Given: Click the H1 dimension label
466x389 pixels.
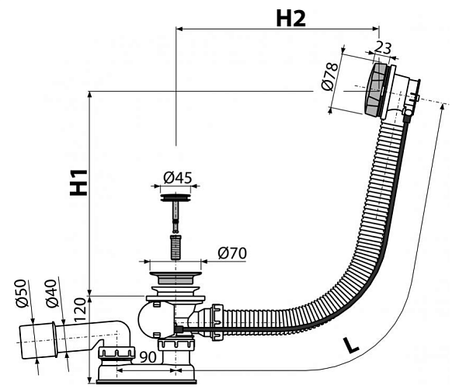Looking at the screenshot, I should [x=78, y=183].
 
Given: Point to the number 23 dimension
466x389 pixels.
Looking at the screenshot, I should [x=383, y=47].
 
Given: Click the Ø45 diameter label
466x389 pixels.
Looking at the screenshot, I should [x=178, y=177].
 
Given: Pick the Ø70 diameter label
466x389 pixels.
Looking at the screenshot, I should [x=233, y=252].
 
